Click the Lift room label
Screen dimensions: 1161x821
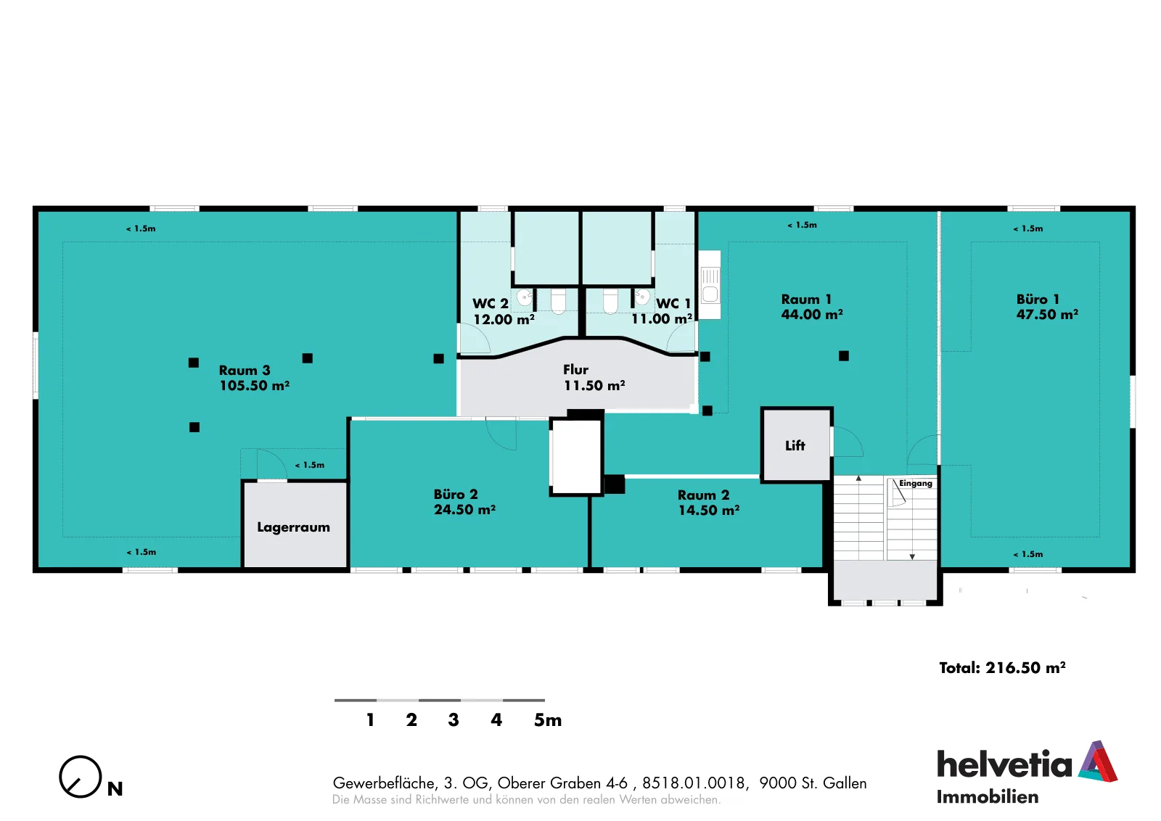point(795,445)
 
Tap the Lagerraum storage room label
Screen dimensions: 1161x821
point(293,527)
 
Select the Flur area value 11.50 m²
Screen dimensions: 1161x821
point(594,385)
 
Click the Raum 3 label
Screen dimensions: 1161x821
point(245,371)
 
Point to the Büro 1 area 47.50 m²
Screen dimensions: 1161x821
point(1047,315)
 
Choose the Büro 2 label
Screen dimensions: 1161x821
point(456,494)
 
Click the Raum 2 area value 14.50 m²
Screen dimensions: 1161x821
point(708,510)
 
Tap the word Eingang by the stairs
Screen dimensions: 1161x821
point(915,483)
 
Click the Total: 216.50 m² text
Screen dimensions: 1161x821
point(1002,668)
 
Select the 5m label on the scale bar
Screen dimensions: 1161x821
point(548,720)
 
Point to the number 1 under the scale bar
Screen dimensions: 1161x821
point(370,720)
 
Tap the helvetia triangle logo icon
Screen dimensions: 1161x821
point(1098,762)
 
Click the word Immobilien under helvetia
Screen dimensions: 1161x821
point(988,797)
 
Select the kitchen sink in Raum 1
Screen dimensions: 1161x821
point(710,284)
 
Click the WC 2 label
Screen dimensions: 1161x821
point(490,304)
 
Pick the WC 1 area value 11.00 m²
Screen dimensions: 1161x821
point(662,319)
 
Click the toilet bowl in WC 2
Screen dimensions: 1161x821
point(558,301)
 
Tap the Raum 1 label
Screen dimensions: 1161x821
point(806,300)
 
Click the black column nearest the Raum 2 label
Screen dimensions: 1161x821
point(614,484)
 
